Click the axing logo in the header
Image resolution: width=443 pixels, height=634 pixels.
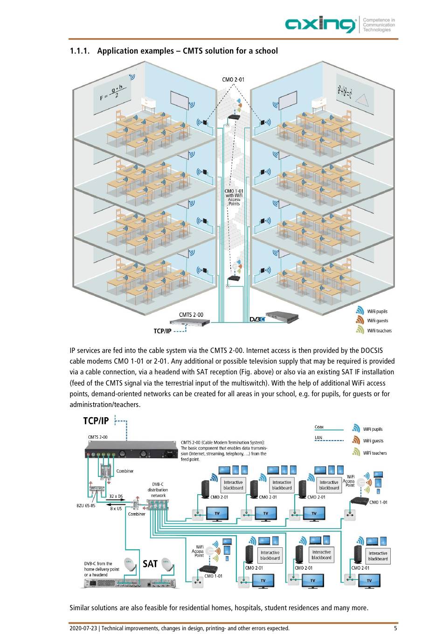[320, 24]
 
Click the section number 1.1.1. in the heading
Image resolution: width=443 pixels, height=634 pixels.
[80, 51]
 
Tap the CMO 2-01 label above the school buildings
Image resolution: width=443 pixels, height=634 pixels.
[233, 80]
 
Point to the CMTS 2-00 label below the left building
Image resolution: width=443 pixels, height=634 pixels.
[191, 315]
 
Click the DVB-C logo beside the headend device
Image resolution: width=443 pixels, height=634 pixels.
[257, 319]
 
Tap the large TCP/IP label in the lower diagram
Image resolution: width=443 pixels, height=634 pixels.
[96, 420]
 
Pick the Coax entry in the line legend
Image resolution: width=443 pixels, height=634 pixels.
[319, 427]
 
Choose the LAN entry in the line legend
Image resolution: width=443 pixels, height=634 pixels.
[318, 438]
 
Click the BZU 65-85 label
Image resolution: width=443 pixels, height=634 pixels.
[86, 506]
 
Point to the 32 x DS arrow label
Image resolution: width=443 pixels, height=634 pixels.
[116, 496]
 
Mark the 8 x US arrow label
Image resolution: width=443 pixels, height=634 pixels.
[116, 509]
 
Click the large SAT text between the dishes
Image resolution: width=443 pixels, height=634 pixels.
[150, 564]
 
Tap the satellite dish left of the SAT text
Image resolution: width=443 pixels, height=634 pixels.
[130, 564]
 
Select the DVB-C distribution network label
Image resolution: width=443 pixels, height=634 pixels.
[158, 490]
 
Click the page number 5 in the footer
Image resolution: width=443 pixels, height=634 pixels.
[395, 628]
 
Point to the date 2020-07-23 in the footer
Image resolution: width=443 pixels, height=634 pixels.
[83, 628]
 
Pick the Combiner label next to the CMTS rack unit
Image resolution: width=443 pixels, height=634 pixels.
[125, 471]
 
